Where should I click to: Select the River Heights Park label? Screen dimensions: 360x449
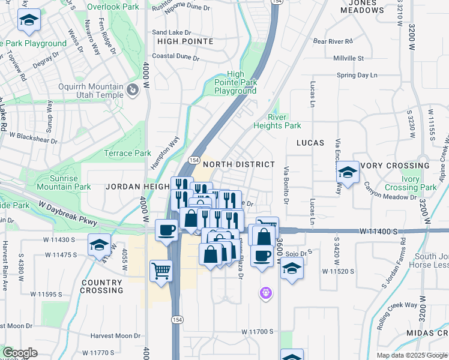277,121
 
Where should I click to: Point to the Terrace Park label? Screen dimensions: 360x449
128,153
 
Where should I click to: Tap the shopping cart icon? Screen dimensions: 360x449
161,271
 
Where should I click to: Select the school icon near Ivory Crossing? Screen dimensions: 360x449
348,173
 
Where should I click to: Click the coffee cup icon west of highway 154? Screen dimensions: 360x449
166,229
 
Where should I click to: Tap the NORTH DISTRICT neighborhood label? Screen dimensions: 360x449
238,164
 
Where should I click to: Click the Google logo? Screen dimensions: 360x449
20,353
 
